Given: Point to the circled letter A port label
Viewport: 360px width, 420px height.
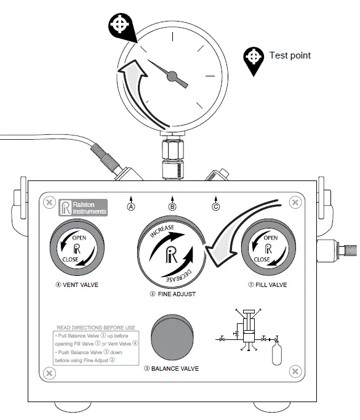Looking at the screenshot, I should click(x=130, y=207).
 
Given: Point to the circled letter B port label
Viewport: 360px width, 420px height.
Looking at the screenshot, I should click(x=172, y=207).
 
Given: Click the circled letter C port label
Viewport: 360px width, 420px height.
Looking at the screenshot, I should click(x=215, y=207).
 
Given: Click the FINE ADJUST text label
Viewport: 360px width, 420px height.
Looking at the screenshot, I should click(x=172, y=294).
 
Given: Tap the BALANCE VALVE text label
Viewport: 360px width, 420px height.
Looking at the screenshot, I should click(x=172, y=369).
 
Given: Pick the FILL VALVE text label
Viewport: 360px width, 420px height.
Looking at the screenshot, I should click(x=268, y=285).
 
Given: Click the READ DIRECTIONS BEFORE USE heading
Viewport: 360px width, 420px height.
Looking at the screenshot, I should click(x=95, y=328).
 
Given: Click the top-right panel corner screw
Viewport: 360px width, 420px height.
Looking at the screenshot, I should click(x=295, y=203).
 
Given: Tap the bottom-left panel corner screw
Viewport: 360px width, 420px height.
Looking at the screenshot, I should click(x=49, y=371).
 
